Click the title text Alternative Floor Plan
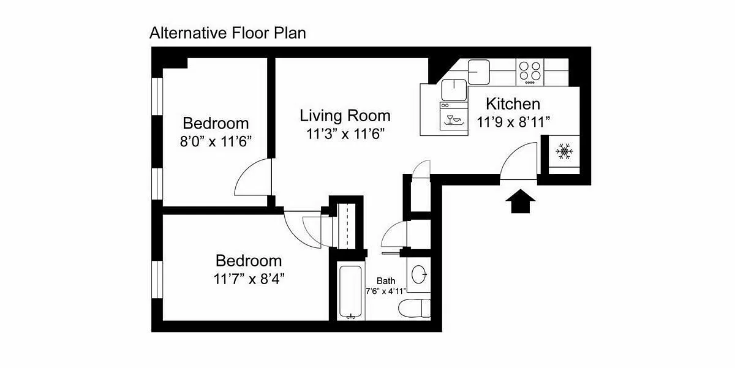[228, 33]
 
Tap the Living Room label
[345, 116]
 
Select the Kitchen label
[513, 104]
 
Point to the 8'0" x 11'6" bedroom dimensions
[216, 141]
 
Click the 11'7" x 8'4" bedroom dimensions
[249, 279]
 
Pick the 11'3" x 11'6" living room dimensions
[345, 134]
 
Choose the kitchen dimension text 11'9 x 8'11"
[513, 122]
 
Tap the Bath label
[386, 281]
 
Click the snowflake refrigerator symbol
[564, 151]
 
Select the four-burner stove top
[530, 72]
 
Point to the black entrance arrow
[521, 201]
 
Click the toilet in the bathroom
[415, 309]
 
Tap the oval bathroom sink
[419, 274]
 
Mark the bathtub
[351, 292]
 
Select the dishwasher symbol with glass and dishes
[454, 118]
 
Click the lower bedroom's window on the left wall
[157, 279]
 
